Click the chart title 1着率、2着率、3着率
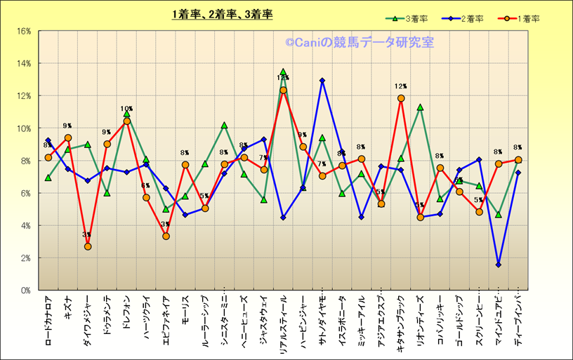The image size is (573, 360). pyautogui.click(x=223, y=14)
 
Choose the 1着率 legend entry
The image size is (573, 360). pyautogui.click(x=520, y=19)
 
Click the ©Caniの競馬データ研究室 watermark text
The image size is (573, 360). pyautogui.click(x=359, y=43)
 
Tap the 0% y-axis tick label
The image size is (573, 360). pyautogui.click(x=25, y=290)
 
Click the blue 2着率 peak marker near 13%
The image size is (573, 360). pyautogui.click(x=322, y=81)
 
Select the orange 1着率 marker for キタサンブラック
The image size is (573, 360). pyautogui.click(x=401, y=98)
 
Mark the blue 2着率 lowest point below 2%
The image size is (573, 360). pyautogui.click(x=499, y=265)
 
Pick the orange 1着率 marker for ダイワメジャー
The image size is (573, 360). pyautogui.click(x=88, y=246)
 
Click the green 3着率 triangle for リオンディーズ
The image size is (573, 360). pyautogui.click(x=420, y=107)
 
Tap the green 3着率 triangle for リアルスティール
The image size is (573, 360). pyautogui.click(x=283, y=72)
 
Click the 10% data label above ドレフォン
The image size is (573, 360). pyautogui.click(x=126, y=109)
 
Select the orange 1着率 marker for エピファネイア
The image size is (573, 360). pyautogui.click(x=166, y=236)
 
